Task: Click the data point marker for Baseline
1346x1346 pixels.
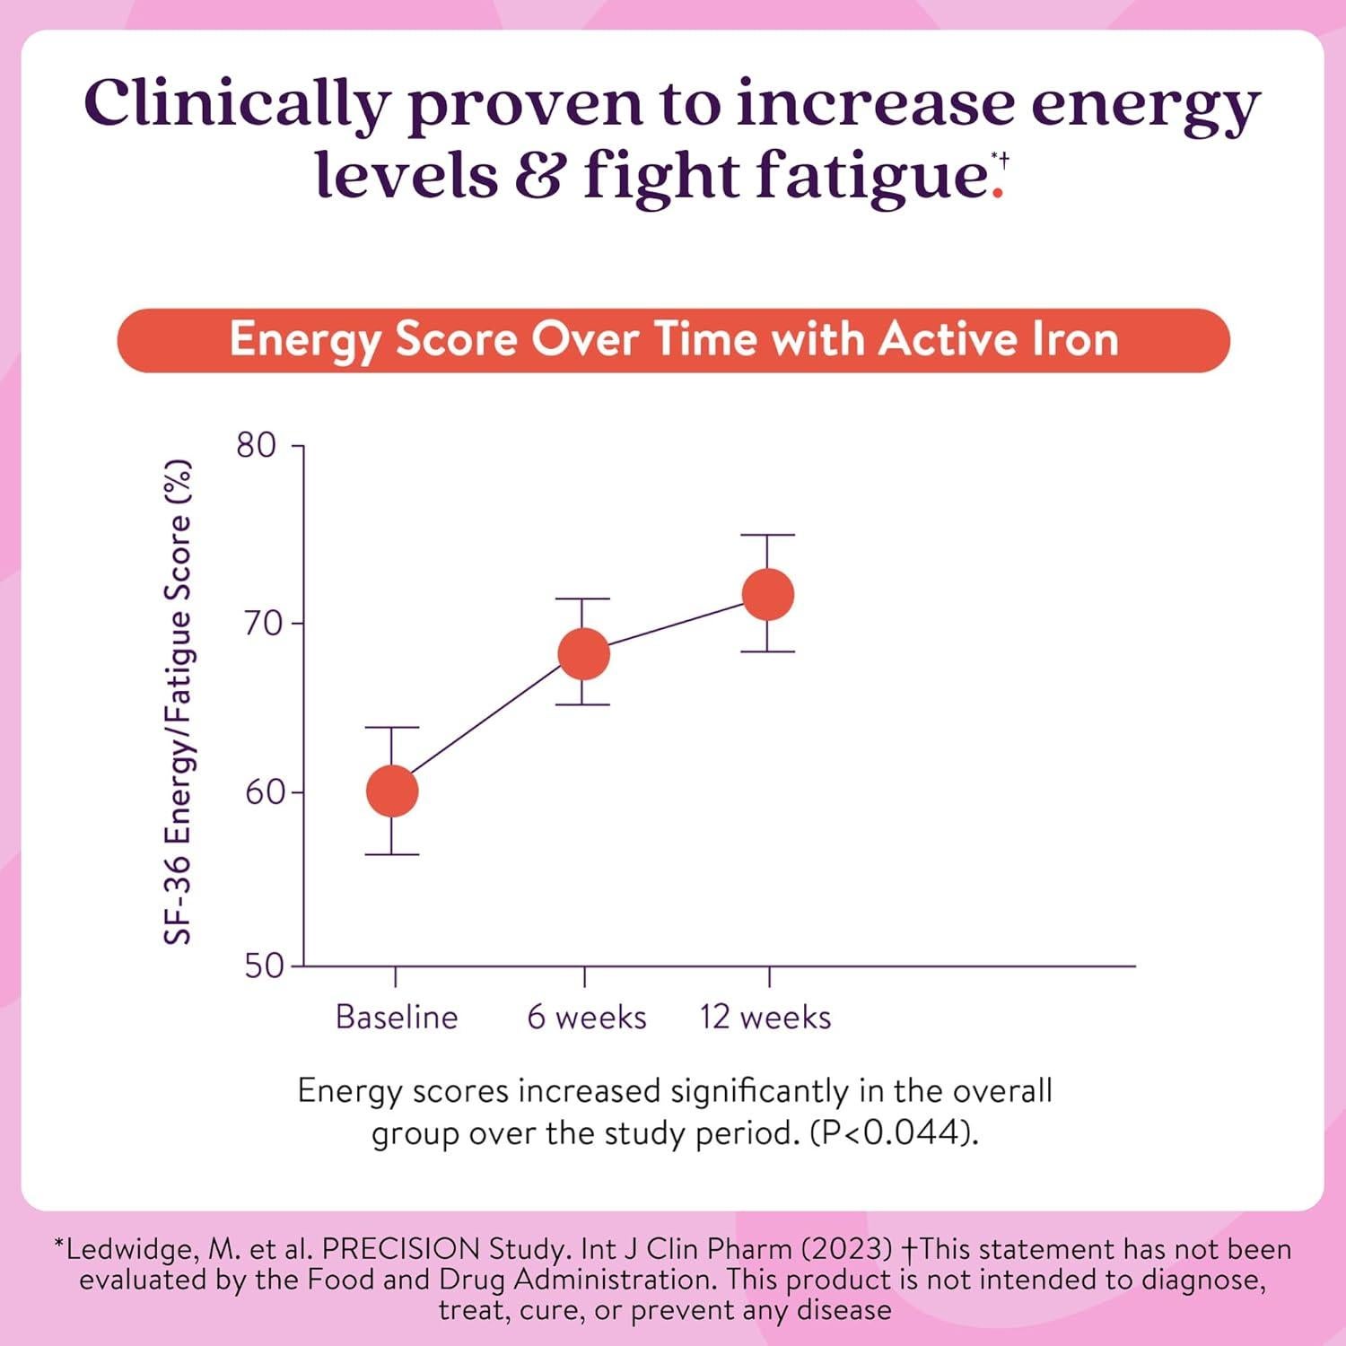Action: pos(392,791)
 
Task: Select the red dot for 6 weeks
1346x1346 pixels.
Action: pos(584,653)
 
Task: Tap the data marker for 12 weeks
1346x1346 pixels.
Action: pos(768,594)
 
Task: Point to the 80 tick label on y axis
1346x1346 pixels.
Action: pos(256,445)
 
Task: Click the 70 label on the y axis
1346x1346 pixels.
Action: pos(263,623)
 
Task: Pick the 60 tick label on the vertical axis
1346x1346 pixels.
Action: pos(263,792)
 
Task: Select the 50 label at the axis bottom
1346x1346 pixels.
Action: pos(263,966)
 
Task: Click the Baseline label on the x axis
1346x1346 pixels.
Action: pos(397,1017)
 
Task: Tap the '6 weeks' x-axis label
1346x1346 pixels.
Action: pos(587,1017)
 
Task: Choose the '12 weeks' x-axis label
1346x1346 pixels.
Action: pos(765,1017)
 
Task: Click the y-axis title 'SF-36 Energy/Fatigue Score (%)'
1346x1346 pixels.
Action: pos(178,703)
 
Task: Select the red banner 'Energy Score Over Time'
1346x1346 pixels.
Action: pos(673,340)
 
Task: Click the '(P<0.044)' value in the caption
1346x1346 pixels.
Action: pos(892,1133)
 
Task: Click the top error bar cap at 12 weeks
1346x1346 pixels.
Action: pos(768,535)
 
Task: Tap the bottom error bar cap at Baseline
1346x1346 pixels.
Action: pos(392,854)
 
